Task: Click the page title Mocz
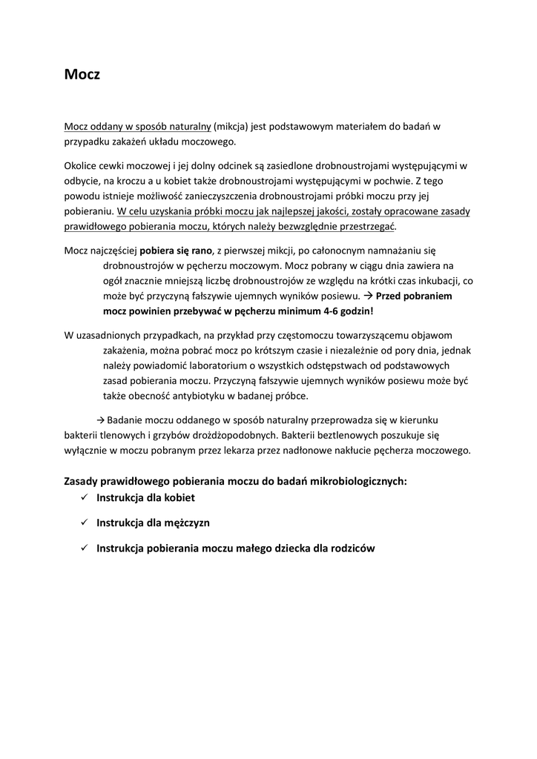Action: pos(82,76)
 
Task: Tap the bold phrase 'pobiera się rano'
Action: pos(177,250)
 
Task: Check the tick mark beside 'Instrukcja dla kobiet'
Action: pos(84,497)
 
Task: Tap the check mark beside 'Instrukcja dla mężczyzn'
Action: pos(84,523)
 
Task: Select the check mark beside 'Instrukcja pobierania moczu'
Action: pos(84,548)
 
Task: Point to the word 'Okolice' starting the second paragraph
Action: pos(82,165)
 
